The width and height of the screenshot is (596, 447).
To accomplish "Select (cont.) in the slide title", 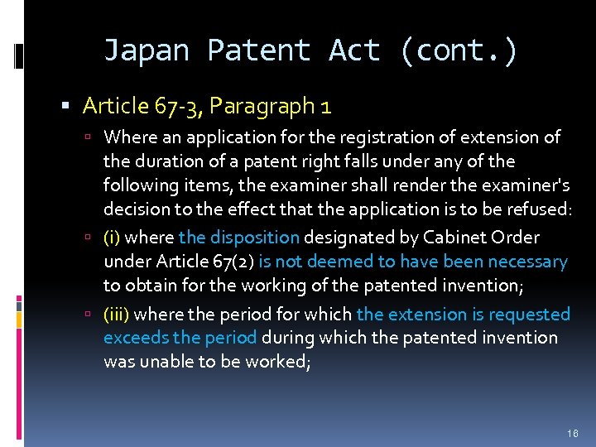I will coord(459,51).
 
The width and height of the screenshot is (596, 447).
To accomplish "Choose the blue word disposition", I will coord(252,238).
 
